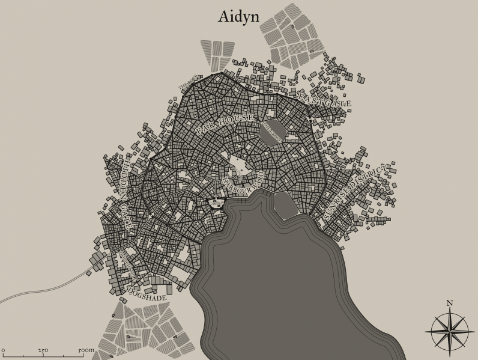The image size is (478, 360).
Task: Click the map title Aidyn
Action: click(238, 16)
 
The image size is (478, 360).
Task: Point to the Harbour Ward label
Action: click(243, 182)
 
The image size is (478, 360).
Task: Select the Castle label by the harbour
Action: click(216, 204)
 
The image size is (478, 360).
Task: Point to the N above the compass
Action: click(449, 303)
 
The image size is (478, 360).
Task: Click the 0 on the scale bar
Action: click(3, 350)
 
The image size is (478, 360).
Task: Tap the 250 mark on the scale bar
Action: click(43, 350)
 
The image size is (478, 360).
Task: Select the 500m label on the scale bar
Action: click(86, 350)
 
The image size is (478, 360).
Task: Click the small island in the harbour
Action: click(285, 205)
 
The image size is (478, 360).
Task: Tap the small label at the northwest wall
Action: click(189, 84)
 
